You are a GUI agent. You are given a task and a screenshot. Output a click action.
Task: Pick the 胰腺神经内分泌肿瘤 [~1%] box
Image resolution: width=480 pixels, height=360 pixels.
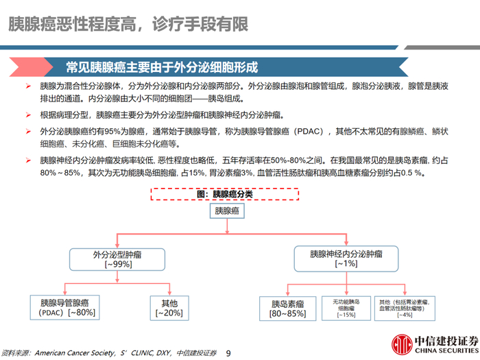tap(346, 258)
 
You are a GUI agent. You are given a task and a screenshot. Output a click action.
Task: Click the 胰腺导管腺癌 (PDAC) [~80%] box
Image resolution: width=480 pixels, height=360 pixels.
tap(68, 307)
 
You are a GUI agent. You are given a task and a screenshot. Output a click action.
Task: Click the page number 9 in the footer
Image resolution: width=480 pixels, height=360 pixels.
tap(229, 352)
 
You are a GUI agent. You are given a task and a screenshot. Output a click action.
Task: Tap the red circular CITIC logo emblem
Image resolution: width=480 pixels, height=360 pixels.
tap(399, 343)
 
